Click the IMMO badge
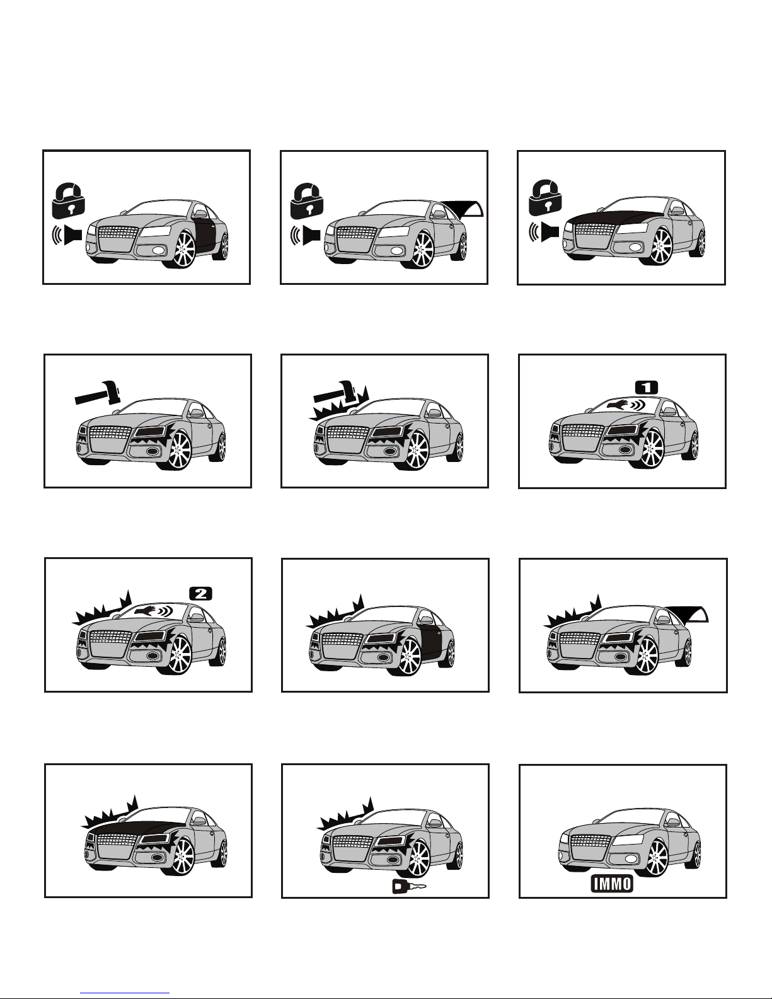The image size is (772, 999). (612, 883)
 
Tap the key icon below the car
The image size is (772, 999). (409, 886)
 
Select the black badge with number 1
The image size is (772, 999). (647, 388)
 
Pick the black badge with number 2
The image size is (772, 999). (201, 594)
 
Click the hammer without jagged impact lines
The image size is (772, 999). (98, 393)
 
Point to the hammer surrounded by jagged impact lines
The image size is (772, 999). (335, 395)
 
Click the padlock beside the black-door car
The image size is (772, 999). (69, 200)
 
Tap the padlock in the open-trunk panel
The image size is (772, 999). (306, 200)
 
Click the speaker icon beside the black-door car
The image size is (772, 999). (67, 235)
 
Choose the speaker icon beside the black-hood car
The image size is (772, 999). (544, 232)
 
